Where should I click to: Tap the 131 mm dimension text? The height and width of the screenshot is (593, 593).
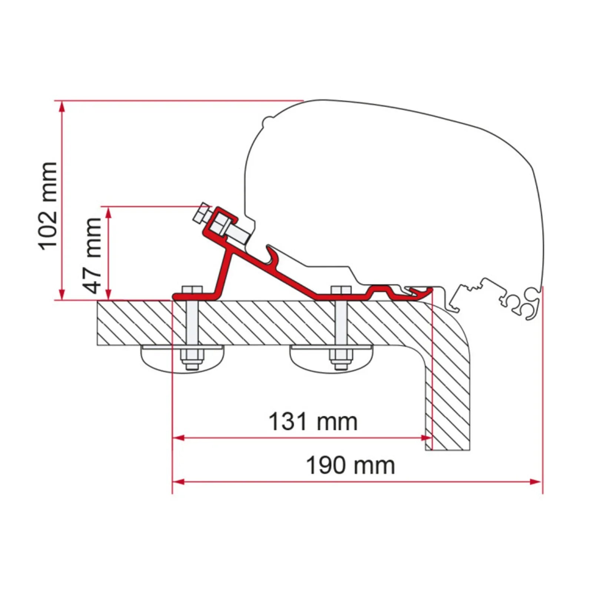(313, 421)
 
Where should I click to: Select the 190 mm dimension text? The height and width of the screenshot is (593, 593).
(351, 466)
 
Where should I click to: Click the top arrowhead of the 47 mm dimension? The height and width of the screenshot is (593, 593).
(108, 212)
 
